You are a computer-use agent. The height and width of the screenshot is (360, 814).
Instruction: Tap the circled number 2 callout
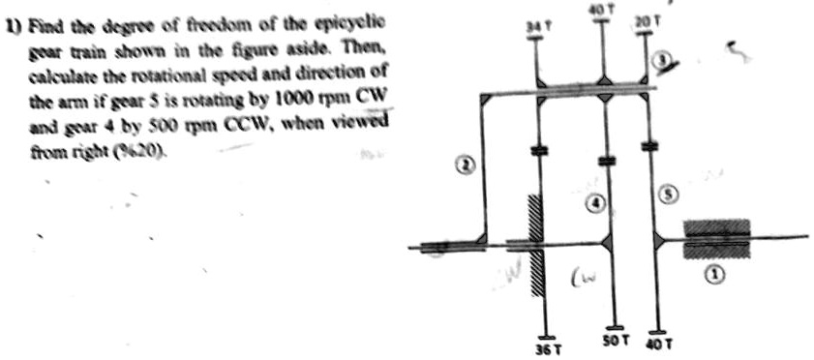[465, 165]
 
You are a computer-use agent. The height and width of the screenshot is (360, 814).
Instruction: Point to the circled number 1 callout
[714, 275]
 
